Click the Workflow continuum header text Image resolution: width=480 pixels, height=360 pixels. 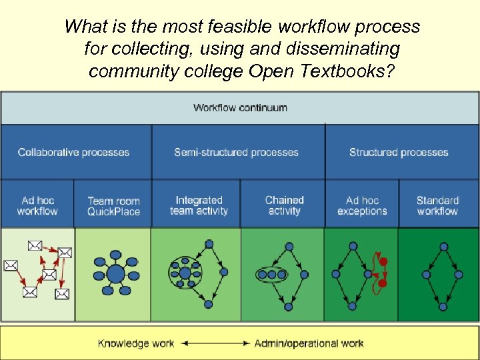240,107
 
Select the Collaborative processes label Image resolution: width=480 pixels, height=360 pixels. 73,152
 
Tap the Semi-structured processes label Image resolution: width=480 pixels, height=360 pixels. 236,152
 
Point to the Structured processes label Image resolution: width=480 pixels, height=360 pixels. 399,152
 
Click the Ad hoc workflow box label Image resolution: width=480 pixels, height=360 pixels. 37,205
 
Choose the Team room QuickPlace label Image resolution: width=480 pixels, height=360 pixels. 113,206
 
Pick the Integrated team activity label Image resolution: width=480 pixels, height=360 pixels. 199,205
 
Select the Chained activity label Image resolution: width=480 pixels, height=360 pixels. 284,205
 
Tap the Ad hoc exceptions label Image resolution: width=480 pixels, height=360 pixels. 362,205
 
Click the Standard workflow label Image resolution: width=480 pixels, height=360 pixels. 437,205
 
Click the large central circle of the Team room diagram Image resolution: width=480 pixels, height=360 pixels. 115,273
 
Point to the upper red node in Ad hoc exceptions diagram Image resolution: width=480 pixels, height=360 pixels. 383,261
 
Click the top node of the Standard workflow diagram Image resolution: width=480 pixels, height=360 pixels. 441,247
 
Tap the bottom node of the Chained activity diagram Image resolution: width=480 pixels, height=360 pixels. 288,307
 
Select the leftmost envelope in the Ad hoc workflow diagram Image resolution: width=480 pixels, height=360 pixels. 10,265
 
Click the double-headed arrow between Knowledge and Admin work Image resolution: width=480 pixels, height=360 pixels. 214,343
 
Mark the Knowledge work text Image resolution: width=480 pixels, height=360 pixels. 135,343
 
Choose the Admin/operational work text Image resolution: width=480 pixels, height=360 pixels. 309,343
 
